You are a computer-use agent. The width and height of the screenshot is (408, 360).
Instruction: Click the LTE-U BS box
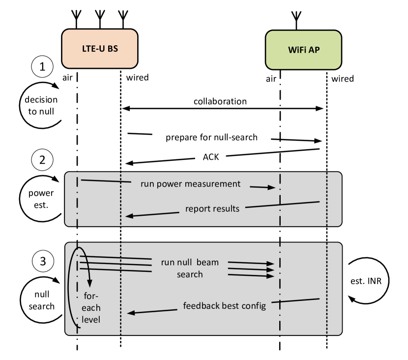click(x=99, y=49)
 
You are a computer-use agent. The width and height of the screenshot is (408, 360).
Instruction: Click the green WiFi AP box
click(x=303, y=50)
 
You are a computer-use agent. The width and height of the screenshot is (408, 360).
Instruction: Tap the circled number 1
click(x=42, y=67)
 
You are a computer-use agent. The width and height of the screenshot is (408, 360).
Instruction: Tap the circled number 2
click(x=42, y=160)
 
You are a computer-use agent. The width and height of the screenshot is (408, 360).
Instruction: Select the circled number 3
click(x=43, y=262)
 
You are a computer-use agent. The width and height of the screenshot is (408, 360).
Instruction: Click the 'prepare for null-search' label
click(x=211, y=137)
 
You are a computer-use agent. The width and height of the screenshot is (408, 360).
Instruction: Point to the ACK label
click(x=210, y=157)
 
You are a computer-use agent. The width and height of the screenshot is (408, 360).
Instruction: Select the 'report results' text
click(x=212, y=209)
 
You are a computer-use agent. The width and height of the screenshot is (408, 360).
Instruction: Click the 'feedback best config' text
click(x=224, y=305)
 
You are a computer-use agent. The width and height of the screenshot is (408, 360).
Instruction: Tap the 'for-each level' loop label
click(x=91, y=308)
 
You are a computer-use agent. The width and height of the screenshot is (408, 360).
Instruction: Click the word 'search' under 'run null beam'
click(x=190, y=274)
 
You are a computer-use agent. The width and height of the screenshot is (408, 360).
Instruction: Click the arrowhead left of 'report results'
click(x=129, y=215)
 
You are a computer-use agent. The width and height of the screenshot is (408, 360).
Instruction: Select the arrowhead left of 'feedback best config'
click(x=130, y=312)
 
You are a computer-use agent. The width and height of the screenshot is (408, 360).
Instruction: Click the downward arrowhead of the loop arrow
click(x=89, y=284)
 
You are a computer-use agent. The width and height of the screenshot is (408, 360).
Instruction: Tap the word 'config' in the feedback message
click(x=254, y=305)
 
